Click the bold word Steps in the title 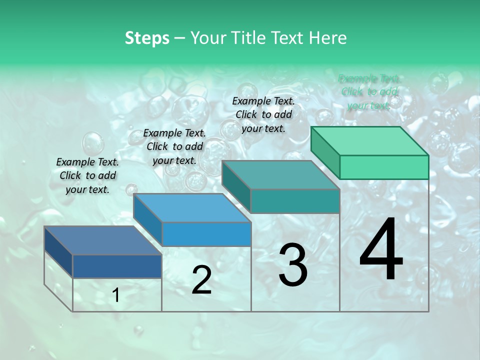(147, 38)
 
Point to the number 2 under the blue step (201, 280)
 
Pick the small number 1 (116, 295)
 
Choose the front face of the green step (384, 167)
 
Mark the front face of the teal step (295, 201)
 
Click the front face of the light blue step (206, 234)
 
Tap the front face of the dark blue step (117, 266)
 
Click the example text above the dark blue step (87, 175)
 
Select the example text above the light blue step (174, 146)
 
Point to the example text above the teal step (263, 114)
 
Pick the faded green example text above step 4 (369, 92)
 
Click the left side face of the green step (325, 152)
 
